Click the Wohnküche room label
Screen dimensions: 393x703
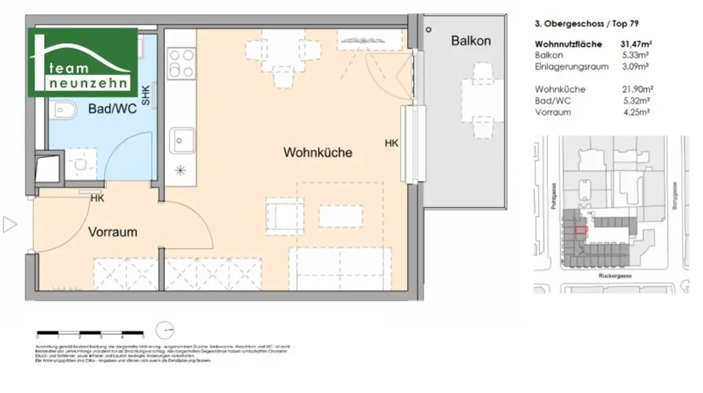(x=318, y=153)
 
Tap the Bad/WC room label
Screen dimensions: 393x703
(x=111, y=109)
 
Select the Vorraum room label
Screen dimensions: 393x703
(x=113, y=232)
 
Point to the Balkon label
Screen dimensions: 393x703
(x=471, y=41)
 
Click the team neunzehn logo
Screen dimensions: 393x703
(x=83, y=63)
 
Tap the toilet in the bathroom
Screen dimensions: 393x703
(x=62, y=109)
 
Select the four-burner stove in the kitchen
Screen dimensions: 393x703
(x=182, y=62)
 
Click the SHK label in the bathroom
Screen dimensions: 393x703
(x=146, y=93)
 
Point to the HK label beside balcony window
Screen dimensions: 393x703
(x=391, y=143)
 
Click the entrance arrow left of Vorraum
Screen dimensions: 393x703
(x=10, y=224)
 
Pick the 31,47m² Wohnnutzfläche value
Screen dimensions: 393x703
(x=635, y=45)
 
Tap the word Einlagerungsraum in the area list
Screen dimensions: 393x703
(x=562, y=67)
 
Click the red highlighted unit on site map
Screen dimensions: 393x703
(x=581, y=230)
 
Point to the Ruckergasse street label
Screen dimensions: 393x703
(x=614, y=275)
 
